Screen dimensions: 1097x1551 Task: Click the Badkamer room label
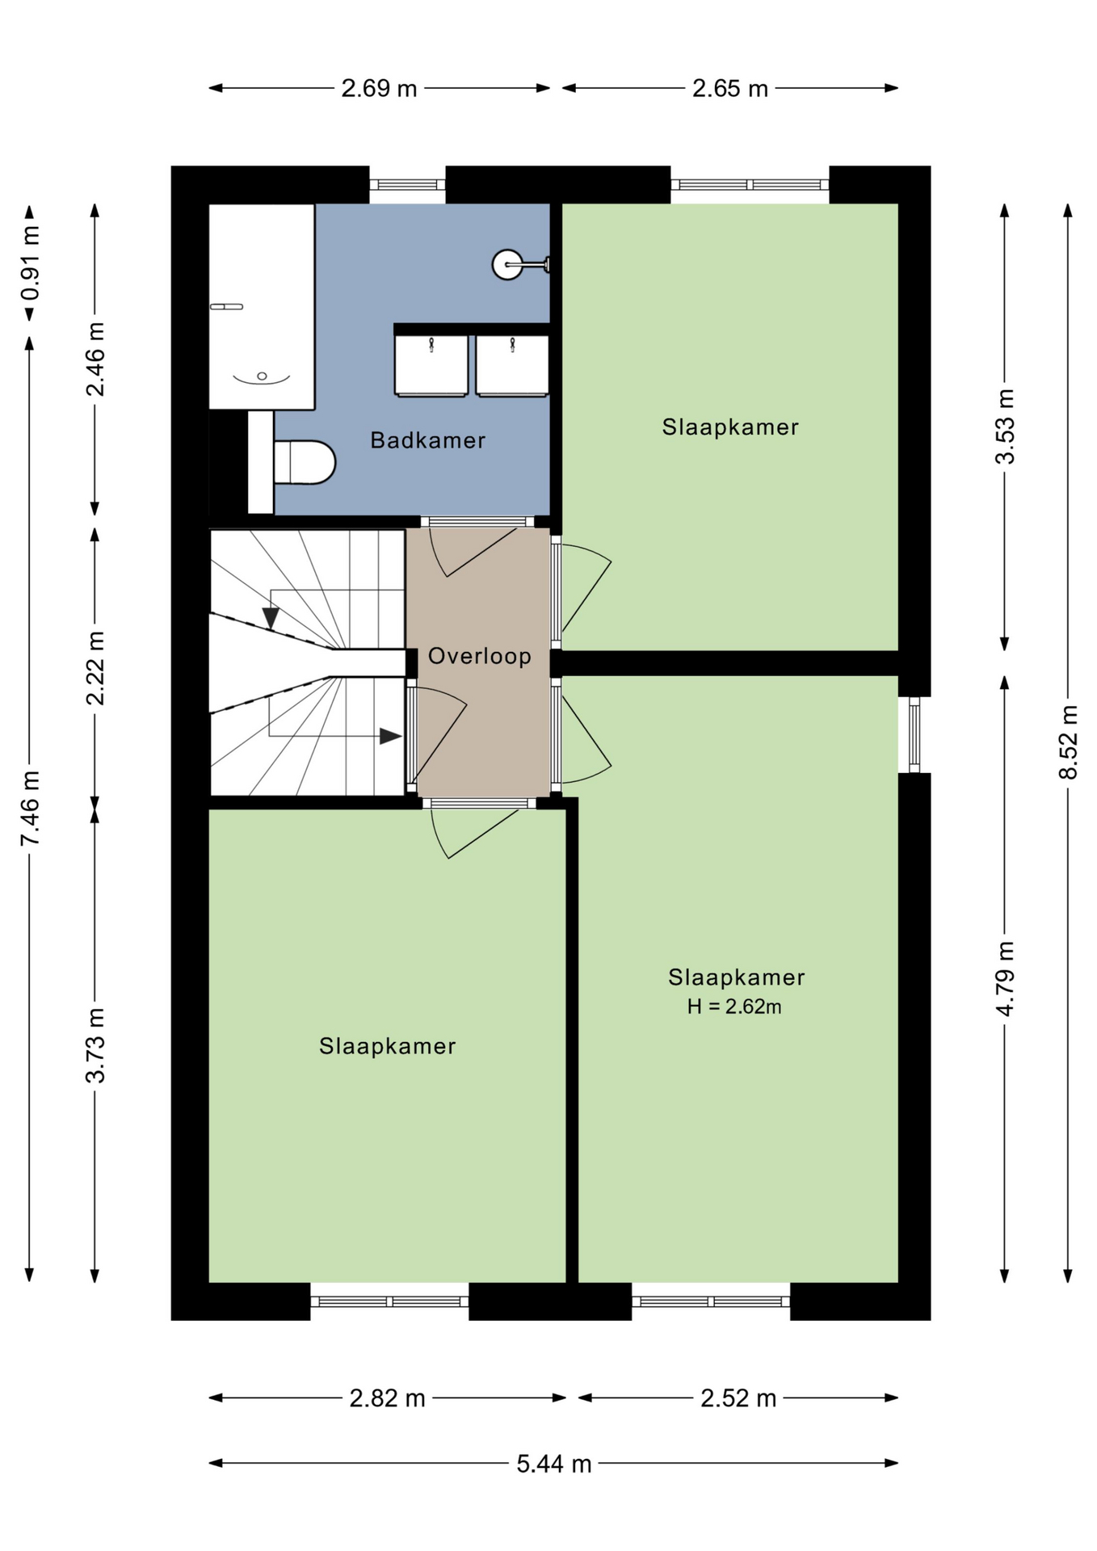pyautogui.click(x=427, y=440)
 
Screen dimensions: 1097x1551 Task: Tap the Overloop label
pyautogui.click(x=479, y=656)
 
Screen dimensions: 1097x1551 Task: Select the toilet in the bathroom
pyautogui.click(x=304, y=462)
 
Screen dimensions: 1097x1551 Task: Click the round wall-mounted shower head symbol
pyautogui.click(x=507, y=264)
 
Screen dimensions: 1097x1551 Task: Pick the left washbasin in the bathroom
pyautogui.click(x=431, y=366)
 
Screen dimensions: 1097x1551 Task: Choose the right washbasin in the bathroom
pyautogui.click(x=512, y=366)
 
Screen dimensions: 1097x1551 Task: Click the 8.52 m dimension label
pyautogui.click(x=1068, y=742)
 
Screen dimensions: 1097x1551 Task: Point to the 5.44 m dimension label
pyautogui.click(x=554, y=1464)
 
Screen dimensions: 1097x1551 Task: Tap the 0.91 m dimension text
pyautogui.click(x=30, y=263)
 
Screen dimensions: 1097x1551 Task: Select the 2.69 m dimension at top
pyautogui.click(x=379, y=88)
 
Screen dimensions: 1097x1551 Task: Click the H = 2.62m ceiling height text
pyautogui.click(x=734, y=1007)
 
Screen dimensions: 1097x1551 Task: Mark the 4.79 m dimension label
pyautogui.click(x=1005, y=979)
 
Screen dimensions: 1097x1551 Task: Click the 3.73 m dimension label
pyautogui.click(x=95, y=1045)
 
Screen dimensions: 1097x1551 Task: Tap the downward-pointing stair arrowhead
pyautogui.click(x=271, y=618)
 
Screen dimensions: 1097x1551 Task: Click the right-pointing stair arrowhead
pyautogui.click(x=391, y=736)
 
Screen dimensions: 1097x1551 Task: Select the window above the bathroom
pyautogui.click(x=407, y=185)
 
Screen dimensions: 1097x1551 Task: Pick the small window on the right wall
pyautogui.click(x=914, y=735)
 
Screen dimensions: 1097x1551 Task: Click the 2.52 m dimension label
pyautogui.click(x=738, y=1398)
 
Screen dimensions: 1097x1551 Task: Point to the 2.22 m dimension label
pyautogui.click(x=95, y=668)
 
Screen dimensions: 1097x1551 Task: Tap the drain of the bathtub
pyautogui.click(x=262, y=376)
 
